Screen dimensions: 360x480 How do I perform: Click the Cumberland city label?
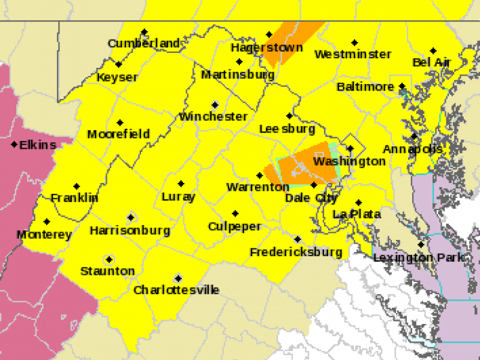pos(143,43)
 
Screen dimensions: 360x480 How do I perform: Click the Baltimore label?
pos(365,87)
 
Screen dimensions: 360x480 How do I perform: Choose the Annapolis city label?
pos(413,149)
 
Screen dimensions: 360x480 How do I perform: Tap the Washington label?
pos(349,161)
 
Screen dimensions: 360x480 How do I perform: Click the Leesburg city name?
pos(287,129)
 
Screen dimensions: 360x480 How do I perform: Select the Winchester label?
pos(213,116)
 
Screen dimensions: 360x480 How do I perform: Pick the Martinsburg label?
pos(238,75)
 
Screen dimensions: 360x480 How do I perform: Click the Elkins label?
pos(38,145)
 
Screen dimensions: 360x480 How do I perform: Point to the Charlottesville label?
pos(176,290)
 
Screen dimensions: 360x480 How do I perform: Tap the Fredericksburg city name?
pos(296,252)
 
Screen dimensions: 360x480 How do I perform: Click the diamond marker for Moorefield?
pos(120,122)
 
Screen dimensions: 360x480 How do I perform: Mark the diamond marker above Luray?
pos(181,184)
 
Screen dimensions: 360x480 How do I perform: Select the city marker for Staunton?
pos(109,260)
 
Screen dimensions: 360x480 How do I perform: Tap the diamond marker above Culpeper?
pos(235,214)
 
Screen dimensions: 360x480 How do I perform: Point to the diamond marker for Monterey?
pos(47,221)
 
